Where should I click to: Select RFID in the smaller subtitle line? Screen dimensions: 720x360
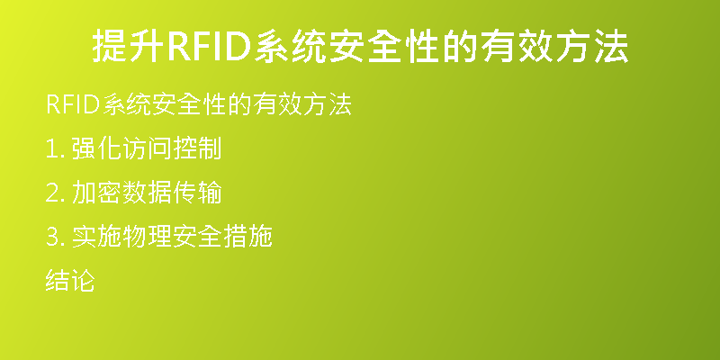(74, 104)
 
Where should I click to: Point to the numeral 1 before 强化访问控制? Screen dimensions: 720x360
(50, 149)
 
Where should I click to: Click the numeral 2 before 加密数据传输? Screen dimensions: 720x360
(51, 193)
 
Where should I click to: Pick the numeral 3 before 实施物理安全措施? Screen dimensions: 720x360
(51, 238)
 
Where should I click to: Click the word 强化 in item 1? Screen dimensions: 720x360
(96, 148)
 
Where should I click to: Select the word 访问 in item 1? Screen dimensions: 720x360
(147, 148)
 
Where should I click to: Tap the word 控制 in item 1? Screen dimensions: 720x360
(197, 148)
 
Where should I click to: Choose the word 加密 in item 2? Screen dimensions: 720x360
(96, 193)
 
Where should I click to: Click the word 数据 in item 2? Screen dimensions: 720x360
(147, 193)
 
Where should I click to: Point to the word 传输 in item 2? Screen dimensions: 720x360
(197, 193)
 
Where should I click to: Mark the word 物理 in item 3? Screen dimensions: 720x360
(147, 237)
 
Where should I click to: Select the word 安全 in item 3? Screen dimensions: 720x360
(197, 237)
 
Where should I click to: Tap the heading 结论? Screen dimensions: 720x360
(70, 281)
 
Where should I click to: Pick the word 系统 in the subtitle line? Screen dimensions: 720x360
(127, 104)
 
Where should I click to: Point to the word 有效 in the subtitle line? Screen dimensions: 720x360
(277, 104)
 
